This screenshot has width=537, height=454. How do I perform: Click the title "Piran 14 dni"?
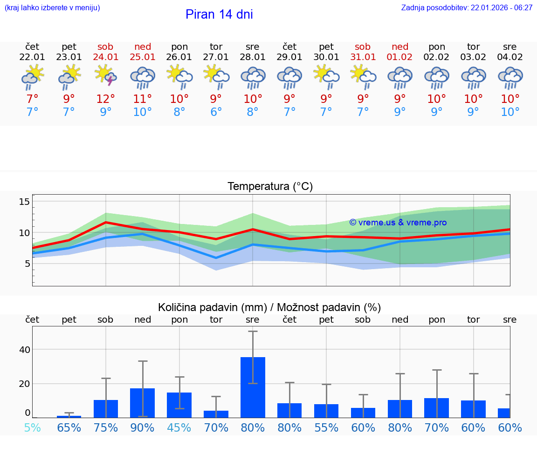coord(219,14)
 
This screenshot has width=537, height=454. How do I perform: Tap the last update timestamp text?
coord(467,8)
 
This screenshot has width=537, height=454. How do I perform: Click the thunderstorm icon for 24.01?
coord(106,76)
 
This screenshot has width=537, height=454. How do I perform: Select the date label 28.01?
coord(253,57)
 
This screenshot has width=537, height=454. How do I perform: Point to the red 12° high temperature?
coord(106,99)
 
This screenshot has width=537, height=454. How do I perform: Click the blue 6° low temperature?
coord(216,112)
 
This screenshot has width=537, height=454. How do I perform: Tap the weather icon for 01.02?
coord(400,77)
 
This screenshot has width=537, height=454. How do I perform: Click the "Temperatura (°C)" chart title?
coord(270,187)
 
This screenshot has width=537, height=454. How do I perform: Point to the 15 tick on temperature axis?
coord(24,202)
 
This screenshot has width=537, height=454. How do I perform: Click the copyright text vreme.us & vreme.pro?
coord(398,223)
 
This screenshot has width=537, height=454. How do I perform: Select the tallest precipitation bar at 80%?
coord(253,387)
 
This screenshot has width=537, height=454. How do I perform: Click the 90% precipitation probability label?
coord(143,428)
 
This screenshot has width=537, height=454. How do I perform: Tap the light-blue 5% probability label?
coord(32,428)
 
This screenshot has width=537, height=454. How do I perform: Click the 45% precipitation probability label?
coord(179,428)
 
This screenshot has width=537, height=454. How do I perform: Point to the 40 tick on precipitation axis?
coord(24,350)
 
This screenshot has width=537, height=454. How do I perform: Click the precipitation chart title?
coord(269,307)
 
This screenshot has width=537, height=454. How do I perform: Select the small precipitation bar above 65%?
coord(69,416)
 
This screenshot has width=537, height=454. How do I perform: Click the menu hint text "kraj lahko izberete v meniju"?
coord(52,8)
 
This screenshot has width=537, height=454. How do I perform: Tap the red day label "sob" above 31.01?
coord(363,47)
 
